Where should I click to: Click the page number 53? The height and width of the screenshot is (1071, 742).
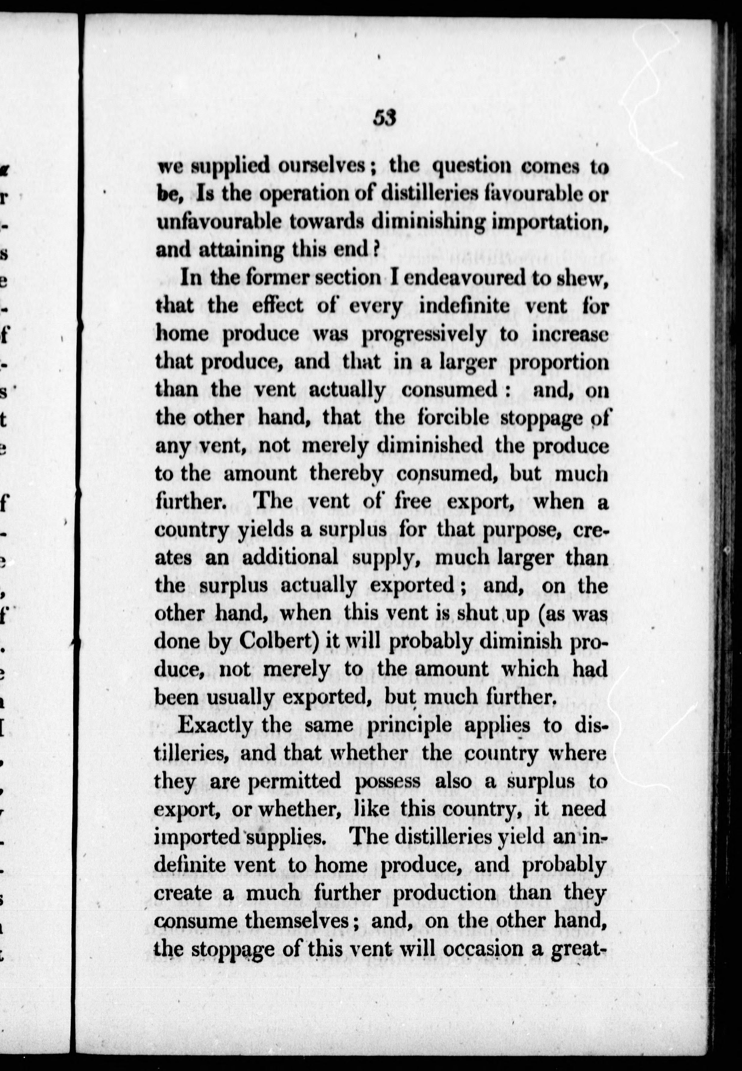(384, 118)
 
